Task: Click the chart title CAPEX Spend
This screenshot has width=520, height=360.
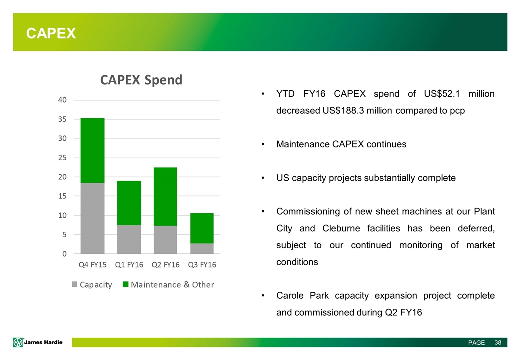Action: tap(141, 80)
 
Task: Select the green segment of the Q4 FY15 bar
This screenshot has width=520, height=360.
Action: tap(92, 150)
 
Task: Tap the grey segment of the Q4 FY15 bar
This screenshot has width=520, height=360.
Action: tap(92, 218)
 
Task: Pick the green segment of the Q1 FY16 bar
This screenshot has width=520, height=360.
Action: tap(129, 203)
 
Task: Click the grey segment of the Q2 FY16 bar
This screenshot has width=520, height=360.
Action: tap(165, 240)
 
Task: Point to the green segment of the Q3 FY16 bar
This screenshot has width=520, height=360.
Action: tap(201, 228)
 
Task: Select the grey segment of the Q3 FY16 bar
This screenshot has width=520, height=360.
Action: tap(201, 248)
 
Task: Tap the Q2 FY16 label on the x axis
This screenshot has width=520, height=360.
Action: tap(165, 265)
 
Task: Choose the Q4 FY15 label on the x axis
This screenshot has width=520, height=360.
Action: tap(92, 265)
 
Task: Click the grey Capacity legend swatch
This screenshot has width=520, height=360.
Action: tap(75, 285)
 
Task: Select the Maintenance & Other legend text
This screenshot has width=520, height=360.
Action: tap(172, 285)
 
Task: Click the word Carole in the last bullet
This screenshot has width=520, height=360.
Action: tap(290, 296)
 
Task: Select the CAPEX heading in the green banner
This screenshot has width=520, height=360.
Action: tap(51, 33)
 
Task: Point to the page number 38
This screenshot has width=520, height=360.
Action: tap(497, 343)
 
